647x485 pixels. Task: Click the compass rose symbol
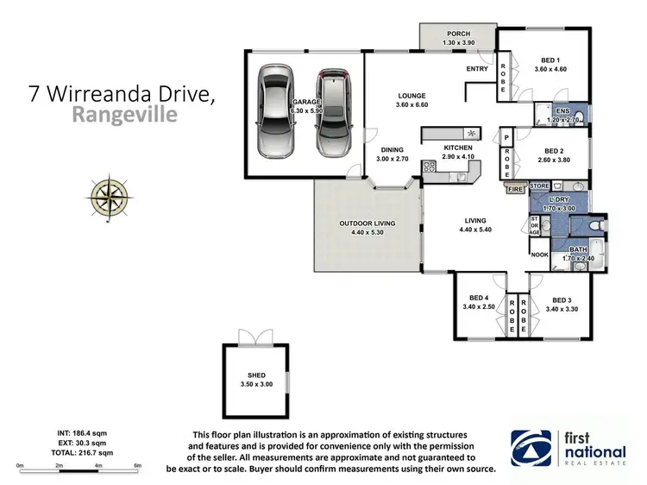[x=110, y=195]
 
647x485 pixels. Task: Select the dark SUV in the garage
[x=331, y=113]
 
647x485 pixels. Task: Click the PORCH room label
[x=457, y=34]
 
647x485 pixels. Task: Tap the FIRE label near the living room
[x=515, y=187]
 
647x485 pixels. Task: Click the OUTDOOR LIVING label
[x=367, y=224]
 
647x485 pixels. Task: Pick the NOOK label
[x=540, y=255]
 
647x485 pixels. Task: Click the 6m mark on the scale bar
[x=138, y=466]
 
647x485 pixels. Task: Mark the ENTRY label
[x=477, y=68]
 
